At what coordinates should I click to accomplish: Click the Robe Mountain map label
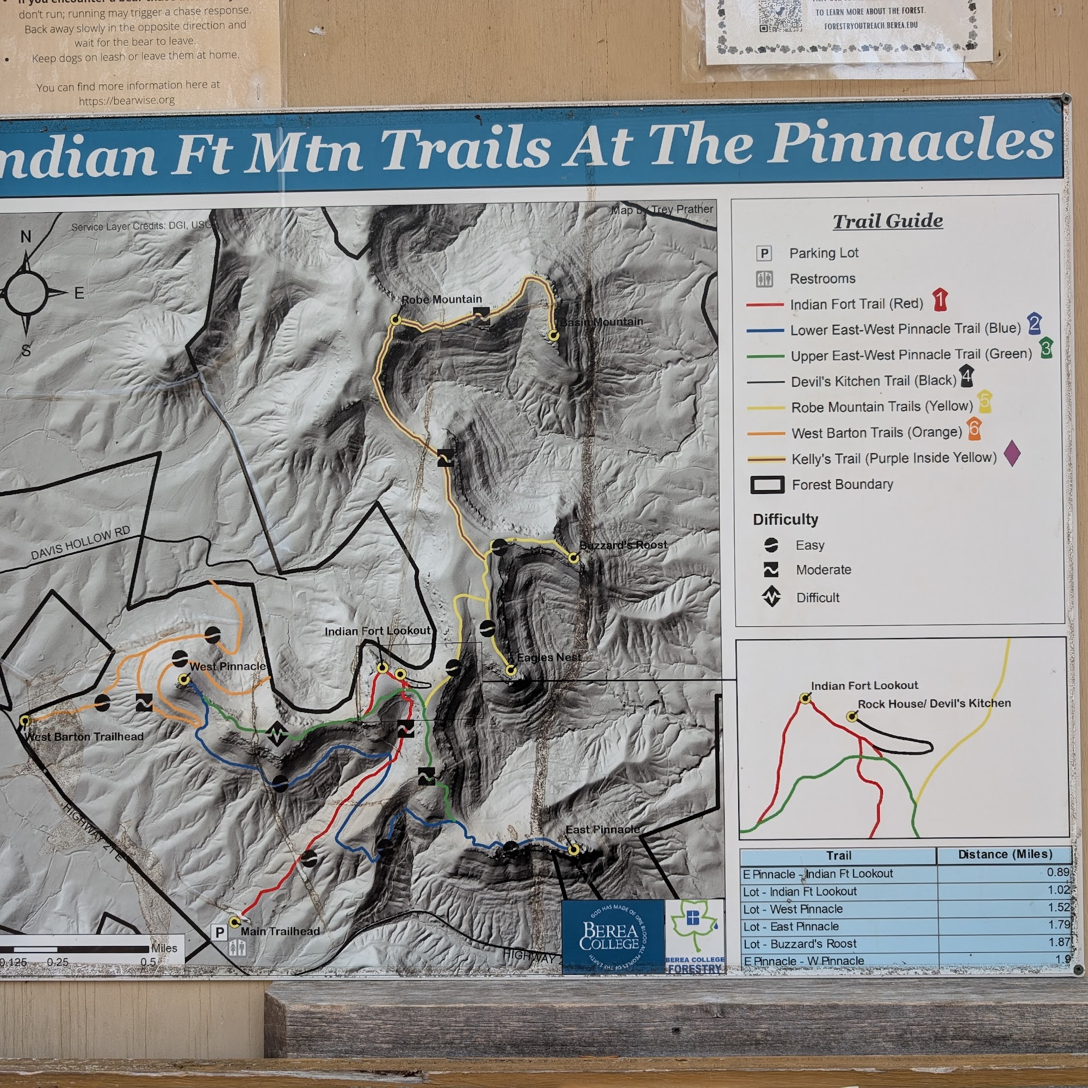(x=441, y=300)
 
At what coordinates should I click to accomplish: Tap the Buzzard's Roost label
(x=623, y=545)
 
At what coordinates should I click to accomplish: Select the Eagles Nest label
(x=548, y=657)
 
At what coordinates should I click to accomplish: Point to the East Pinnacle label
(x=602, y=830)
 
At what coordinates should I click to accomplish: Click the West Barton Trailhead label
(x=84, y=737)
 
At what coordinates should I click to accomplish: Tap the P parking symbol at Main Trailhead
(x=220, y=932)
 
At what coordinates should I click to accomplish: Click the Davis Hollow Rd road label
(x=81, y=543)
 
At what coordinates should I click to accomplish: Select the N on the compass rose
(x=26, y=237)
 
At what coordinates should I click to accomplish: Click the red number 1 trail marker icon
(x=939, y=300)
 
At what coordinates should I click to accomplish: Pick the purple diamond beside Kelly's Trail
(x=1012, y=453)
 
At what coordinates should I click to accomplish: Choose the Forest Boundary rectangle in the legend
(x=767, y=485)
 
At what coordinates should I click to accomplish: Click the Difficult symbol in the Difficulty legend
(x=771, y=596)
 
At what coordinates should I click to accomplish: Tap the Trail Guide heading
(x=887, y=221)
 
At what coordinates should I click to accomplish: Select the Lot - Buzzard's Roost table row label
(x=799, y=944)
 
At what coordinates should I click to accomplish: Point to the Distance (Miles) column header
(x=1005, y=854)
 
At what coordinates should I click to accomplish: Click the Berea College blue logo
(x=613, y=935)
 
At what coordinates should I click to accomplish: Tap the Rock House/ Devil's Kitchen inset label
(x=934, y=703)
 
